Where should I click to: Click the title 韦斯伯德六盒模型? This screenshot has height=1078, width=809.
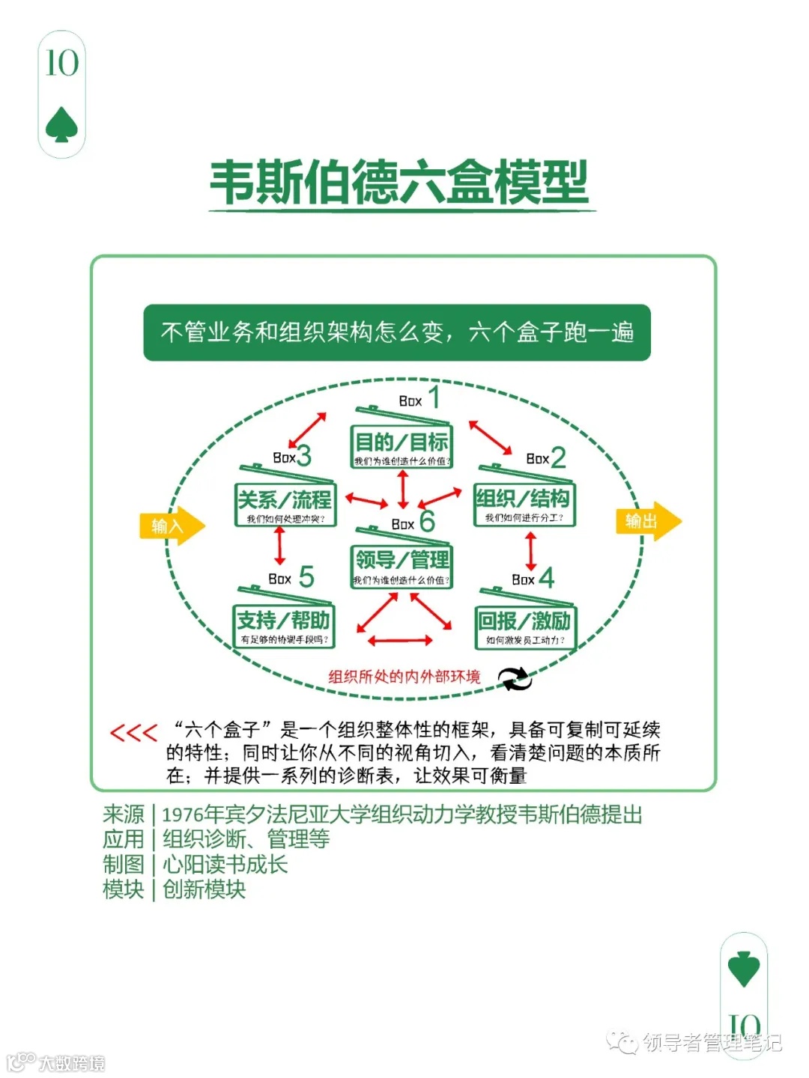(x=399, y=183)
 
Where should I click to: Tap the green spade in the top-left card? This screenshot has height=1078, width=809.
(x=61, y=125)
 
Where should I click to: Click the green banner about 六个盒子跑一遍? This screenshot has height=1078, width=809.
(x=397, y=332)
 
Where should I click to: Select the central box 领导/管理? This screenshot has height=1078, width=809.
(x=402, y=566)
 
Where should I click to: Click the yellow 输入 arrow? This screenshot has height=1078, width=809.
(x=172, y=526)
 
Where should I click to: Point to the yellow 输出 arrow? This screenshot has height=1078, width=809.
(x=648, y=521)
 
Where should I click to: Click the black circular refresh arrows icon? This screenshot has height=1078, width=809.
(x=515, y=678)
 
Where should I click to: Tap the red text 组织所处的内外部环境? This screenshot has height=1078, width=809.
(x=404, y=677)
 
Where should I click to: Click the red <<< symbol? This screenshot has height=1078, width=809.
(x=133, y=732)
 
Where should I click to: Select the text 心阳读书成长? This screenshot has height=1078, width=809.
(x=225, y=865)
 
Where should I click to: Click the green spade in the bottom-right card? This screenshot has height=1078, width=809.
(x=744, y=969)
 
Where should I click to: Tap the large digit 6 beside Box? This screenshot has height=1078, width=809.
(x=427, y=520)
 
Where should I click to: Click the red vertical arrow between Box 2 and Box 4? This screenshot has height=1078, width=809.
(x=531, y=551)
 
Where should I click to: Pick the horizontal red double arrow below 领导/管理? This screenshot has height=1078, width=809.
(x=400, y=640)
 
